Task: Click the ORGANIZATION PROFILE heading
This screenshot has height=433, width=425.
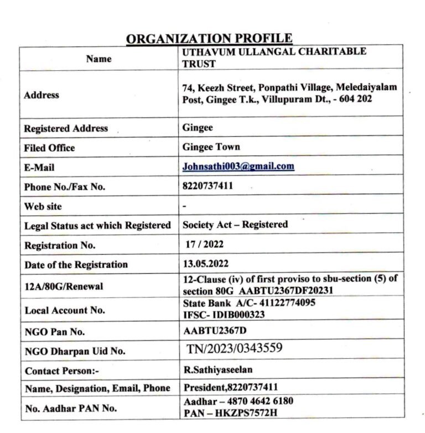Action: (209, 38)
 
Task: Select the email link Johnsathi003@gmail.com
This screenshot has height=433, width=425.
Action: (239, 166)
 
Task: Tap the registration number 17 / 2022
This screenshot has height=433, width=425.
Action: (206, 244)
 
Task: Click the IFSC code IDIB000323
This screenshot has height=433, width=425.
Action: (239, 315)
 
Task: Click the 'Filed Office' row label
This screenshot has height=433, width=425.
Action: (49, 148)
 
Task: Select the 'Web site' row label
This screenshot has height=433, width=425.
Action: (43, 207)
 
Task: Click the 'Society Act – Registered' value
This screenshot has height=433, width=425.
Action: (235, 225)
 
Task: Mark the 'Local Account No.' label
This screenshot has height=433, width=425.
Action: (65, 310)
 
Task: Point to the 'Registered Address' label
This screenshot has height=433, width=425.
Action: (66, 128)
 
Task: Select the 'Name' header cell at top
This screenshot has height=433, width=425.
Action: (99, 59)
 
